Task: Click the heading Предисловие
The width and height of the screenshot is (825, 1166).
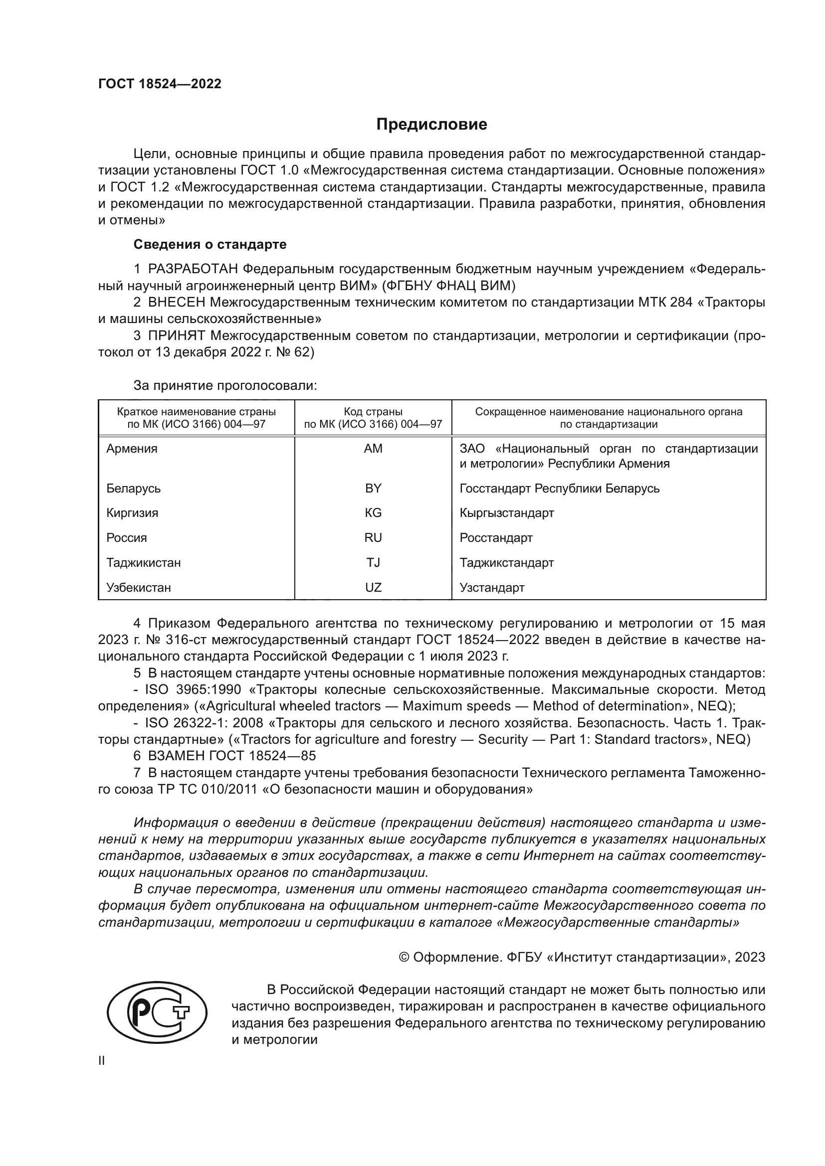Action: pyautogui.click(x=431, y=125)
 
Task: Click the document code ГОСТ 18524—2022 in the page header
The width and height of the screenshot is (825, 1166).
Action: pyautogui.click(x=160, y=84)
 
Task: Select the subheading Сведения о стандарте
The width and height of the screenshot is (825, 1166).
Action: pyautogui.click(x=210, y=244)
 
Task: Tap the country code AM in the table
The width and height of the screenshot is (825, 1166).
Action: pyautogui.click(x=373, y=449)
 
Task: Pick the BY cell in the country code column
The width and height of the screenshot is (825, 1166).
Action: pyautogui.click(x=373, y=488)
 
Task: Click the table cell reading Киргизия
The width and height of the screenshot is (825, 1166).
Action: pyautogui.click(x=132, y=513)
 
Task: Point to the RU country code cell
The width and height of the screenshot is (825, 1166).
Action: pyautogui.click(x=373, y=538)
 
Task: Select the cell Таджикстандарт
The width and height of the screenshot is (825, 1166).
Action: pyautogui.click(x=506, y=563)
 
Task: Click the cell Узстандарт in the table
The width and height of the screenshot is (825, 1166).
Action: pyautogui.click(x=492, y=588)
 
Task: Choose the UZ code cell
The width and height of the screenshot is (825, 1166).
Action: pyautogui.click(x=373, y=588)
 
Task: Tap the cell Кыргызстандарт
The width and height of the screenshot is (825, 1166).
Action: pyautogui.click(x=506, y=513)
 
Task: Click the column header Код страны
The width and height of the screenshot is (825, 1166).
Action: pyautogui.click(x=373, y=412)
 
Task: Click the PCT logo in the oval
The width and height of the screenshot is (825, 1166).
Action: pyautogui.click(x=157, y=1012)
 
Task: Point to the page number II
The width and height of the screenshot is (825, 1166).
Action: pyautogui.click(x=102, y=1060)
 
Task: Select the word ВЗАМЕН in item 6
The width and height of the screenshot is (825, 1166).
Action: pyautogui.click(x=176, y=756)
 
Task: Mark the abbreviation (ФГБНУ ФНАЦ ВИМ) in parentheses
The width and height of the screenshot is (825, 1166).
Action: pyautogui.click(x=448, y=286)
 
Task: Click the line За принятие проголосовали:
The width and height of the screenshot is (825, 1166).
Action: pyautogui.click(x=225, y=385)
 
